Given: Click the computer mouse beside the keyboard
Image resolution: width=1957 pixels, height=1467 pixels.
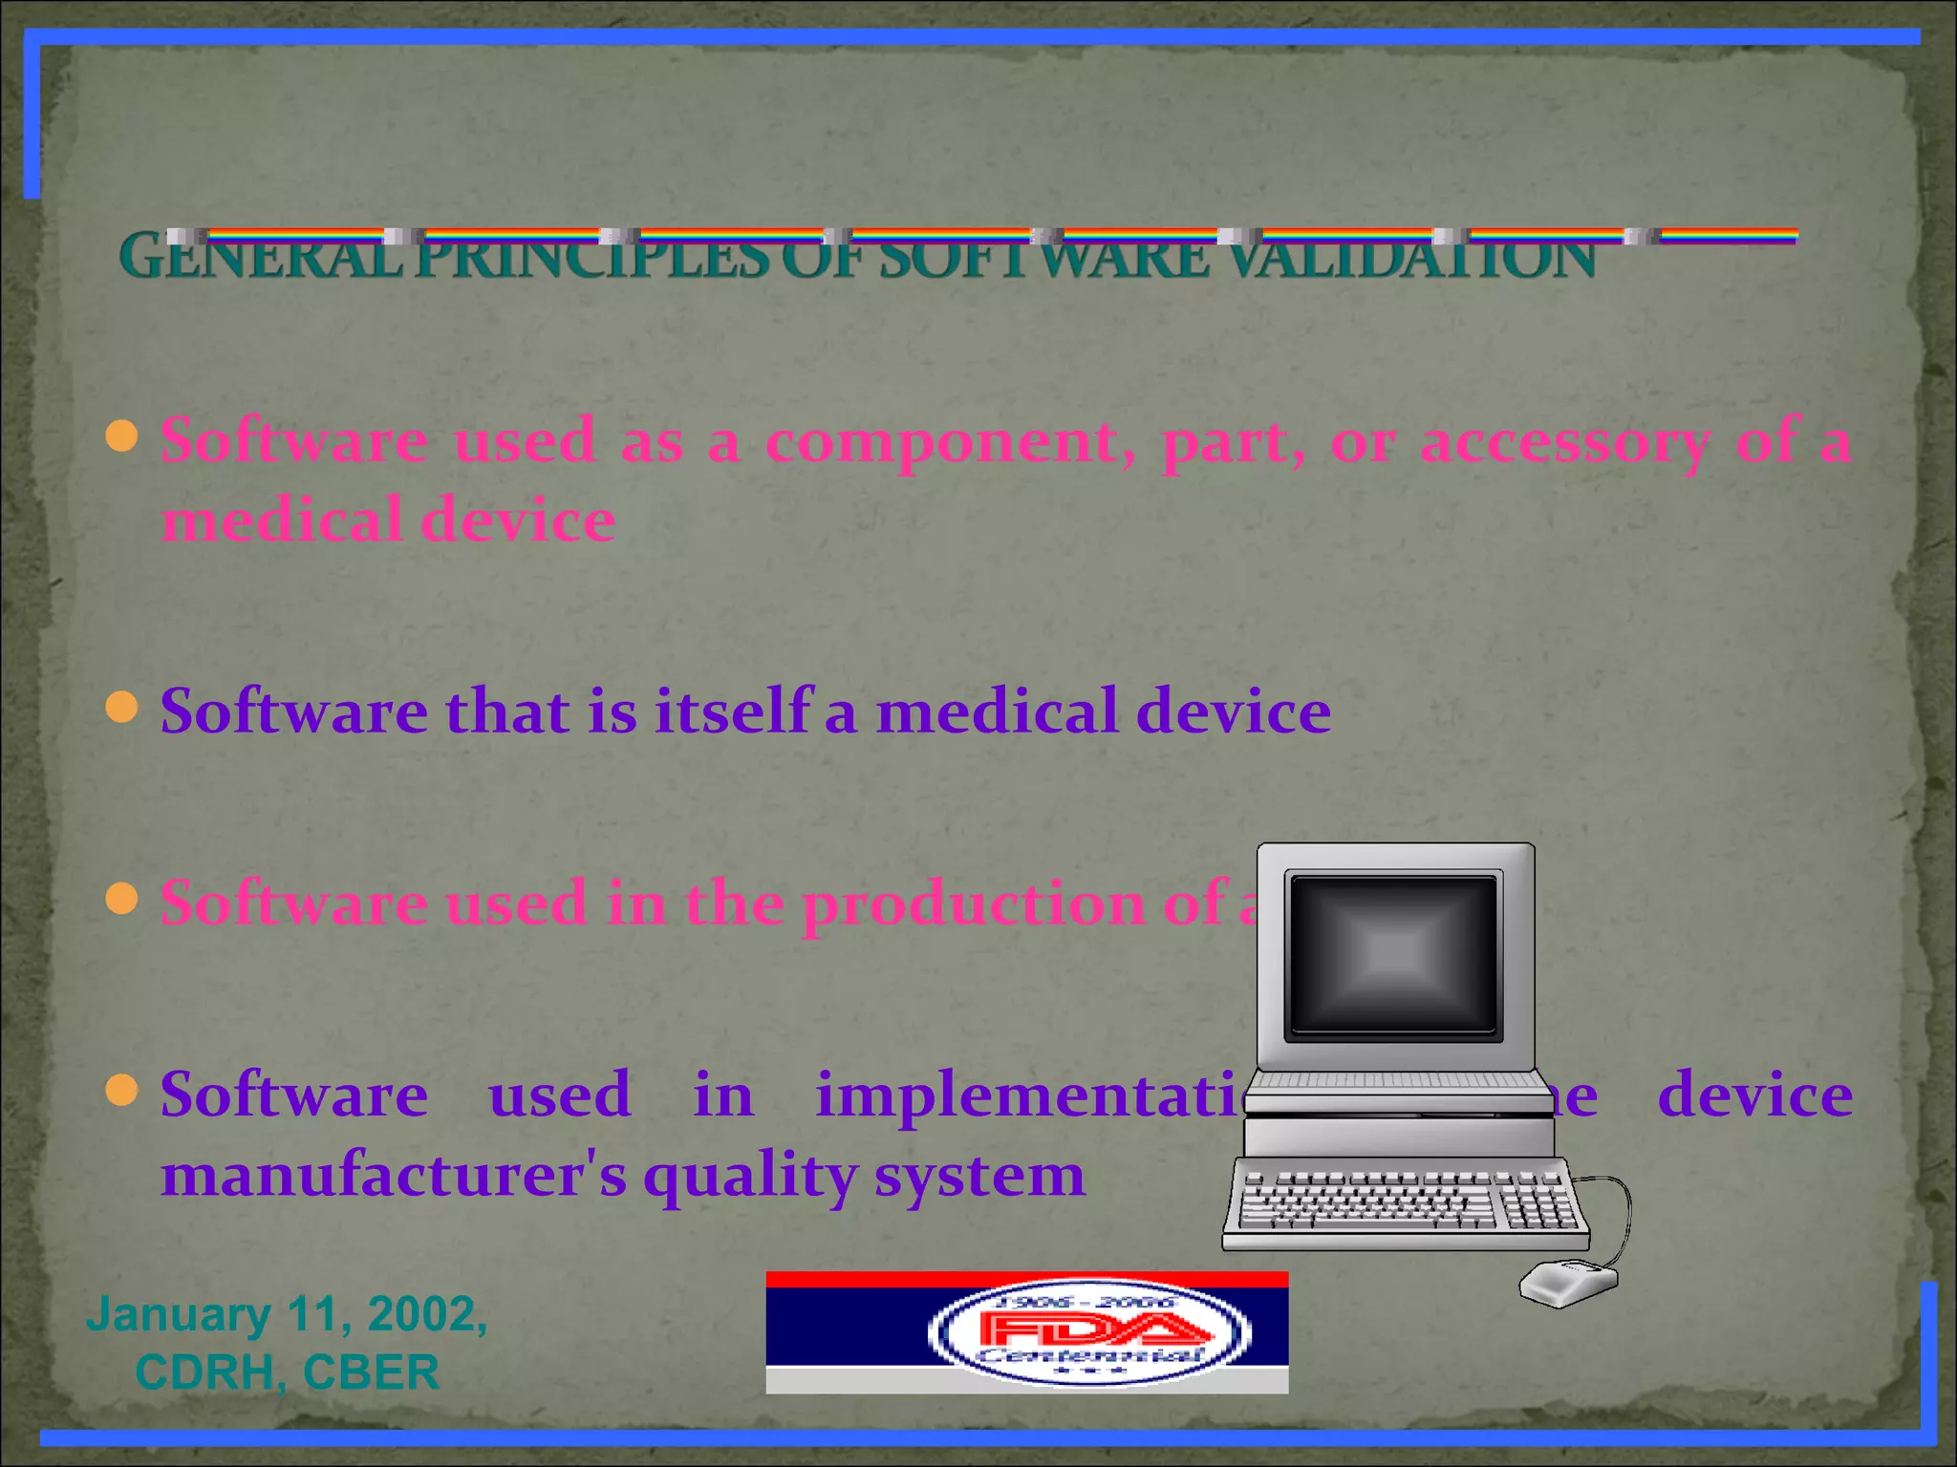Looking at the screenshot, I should pos(1568,1283).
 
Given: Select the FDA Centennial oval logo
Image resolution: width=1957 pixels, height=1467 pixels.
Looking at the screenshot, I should pos(1089,1332).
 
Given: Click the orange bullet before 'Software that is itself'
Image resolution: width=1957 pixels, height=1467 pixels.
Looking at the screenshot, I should pos(122,709).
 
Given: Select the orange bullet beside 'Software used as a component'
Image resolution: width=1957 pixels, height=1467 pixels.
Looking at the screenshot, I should pos(122,436).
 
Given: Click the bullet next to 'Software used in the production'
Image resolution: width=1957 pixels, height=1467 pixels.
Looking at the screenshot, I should pos(122,899).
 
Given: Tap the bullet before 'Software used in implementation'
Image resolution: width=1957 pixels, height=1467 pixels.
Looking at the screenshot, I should pos(122,1090).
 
